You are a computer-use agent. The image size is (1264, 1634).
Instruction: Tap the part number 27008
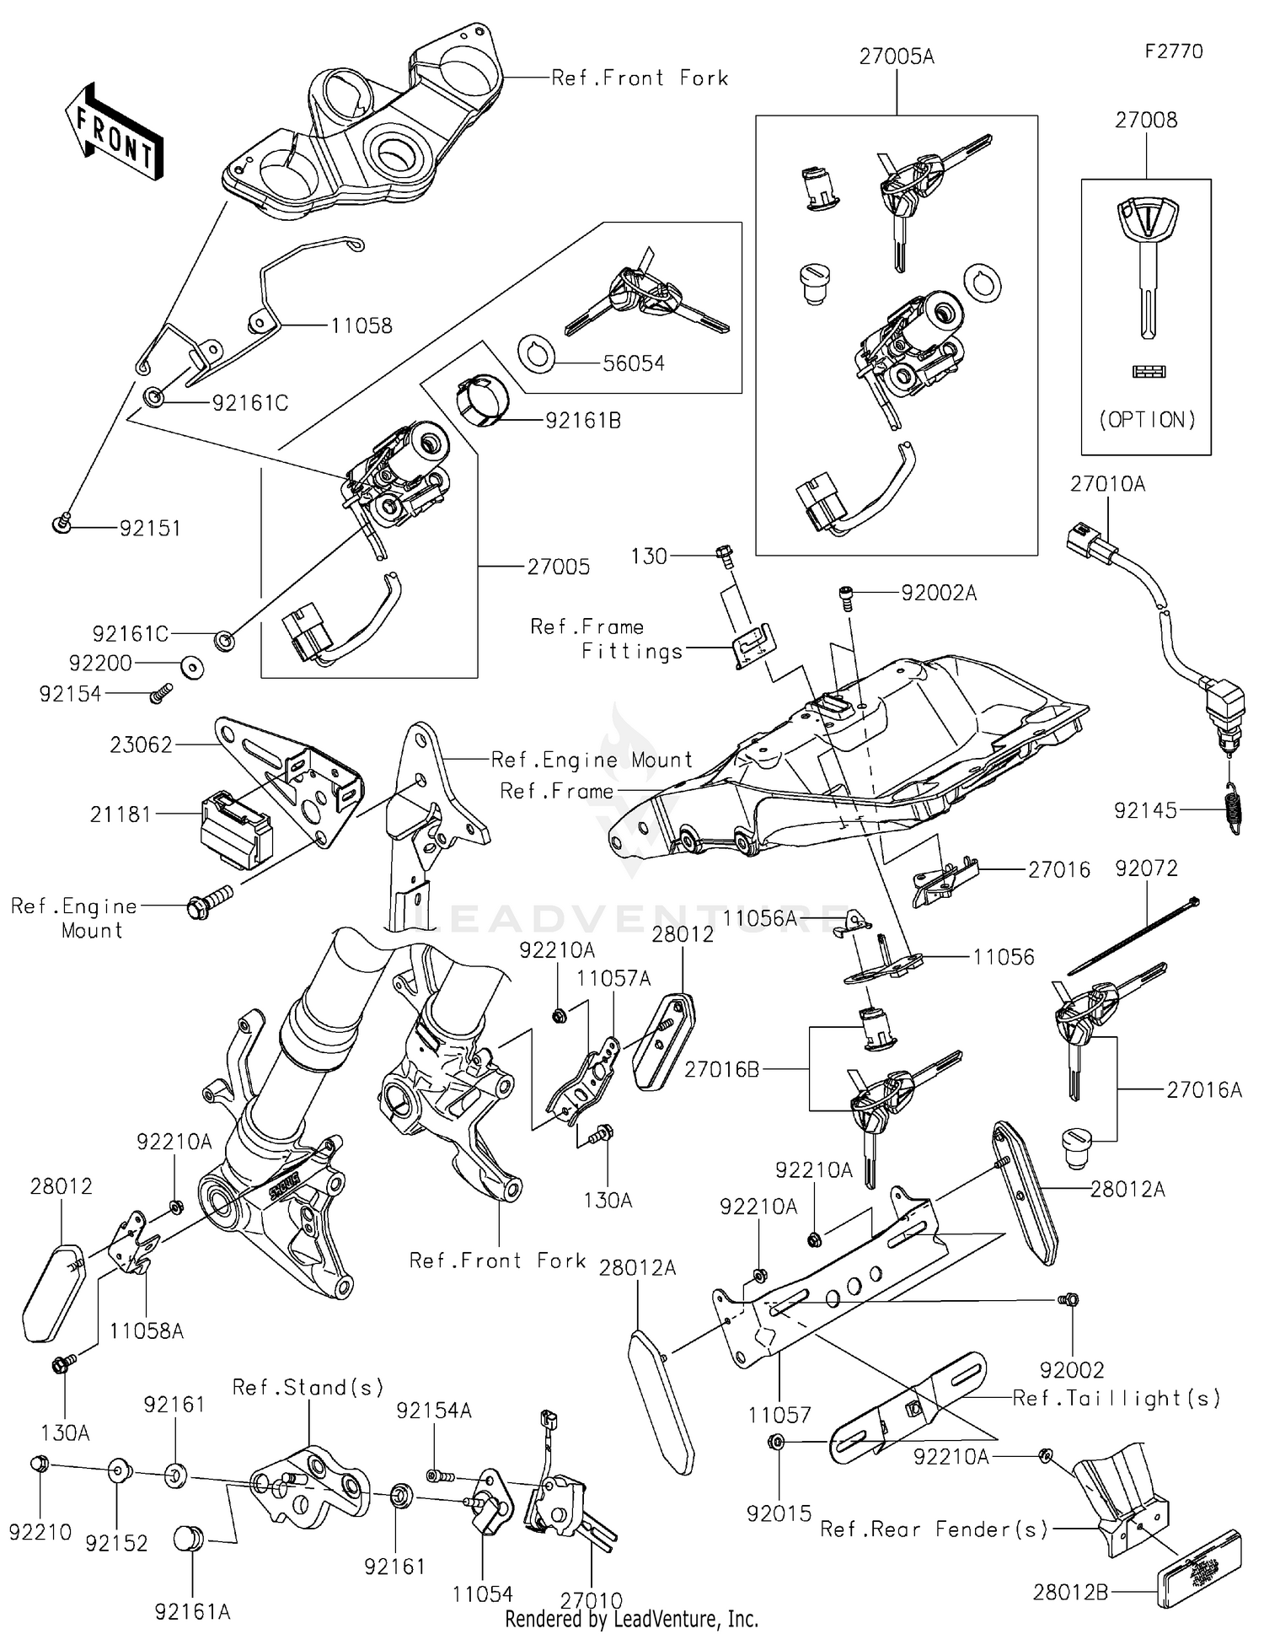(x=1145, y=121)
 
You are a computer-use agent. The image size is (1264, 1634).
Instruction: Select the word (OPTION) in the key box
(x=1147, y=419)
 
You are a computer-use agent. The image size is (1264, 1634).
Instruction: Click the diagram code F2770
(x=1173, y=51)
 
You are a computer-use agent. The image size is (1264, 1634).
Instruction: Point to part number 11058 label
(x=361, y=326)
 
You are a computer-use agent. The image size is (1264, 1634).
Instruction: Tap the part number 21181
(x=121, y=814)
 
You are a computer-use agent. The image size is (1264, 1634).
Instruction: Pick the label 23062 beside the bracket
(x=141, y=745)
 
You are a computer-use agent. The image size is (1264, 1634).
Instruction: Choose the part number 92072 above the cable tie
(x=1146, y=868)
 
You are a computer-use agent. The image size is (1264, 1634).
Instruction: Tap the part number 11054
(x=482, y=1594)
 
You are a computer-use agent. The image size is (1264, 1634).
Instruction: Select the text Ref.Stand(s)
(x=308, y=1388)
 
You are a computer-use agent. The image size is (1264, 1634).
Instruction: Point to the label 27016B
(x=721, y=1070)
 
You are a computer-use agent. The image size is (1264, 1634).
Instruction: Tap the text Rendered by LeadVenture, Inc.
(x=631, y=1619)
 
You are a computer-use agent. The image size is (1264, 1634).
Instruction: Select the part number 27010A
(x=1107, y=485)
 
